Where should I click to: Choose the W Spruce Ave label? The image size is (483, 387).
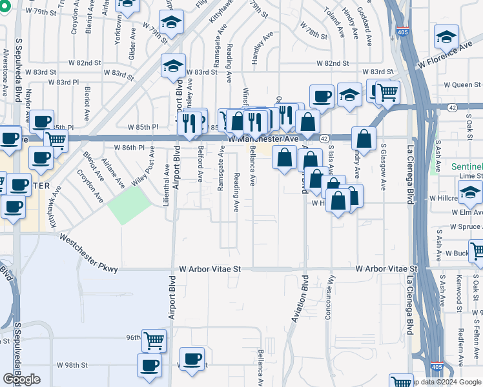(458, 228)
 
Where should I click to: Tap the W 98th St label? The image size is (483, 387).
(72, 365)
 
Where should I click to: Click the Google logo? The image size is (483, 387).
(21, 379)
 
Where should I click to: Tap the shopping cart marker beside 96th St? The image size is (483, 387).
(154, 341)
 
